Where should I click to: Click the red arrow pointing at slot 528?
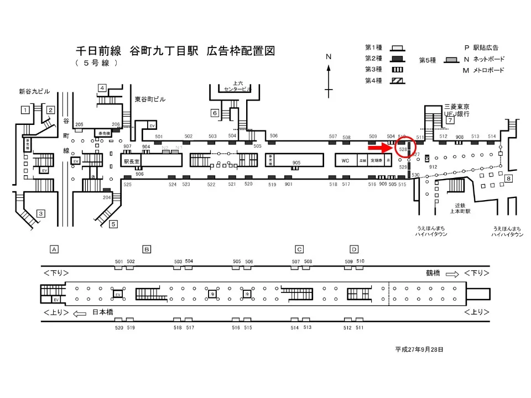381,148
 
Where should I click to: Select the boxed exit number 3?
40,213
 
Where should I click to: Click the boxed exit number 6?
215,113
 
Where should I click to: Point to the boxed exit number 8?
508,178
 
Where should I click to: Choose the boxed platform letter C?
299,249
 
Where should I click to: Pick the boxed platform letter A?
54,249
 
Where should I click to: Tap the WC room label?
345,160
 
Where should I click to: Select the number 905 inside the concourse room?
296,163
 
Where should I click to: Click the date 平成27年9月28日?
419,349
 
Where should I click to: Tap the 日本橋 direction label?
103,313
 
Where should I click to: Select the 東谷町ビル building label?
150,99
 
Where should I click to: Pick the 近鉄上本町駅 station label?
459,208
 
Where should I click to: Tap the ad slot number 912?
433,166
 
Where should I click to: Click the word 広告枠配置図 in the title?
241,51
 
